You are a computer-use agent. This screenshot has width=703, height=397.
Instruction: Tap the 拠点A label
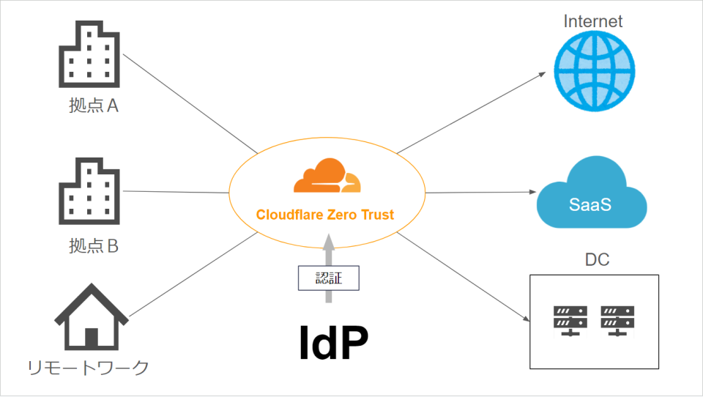(93, 107)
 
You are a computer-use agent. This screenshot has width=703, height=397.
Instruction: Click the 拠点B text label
(93, 246)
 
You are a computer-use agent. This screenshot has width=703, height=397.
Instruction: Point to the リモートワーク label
(88, 368)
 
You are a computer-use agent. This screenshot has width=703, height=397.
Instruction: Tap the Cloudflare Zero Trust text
(325, 215)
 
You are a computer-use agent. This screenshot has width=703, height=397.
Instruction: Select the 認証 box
(329, 278)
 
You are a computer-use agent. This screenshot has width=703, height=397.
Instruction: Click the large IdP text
(333, 342)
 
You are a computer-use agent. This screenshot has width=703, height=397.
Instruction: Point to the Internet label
(593, 21)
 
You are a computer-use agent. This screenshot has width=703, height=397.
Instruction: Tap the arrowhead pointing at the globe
(542, 74)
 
